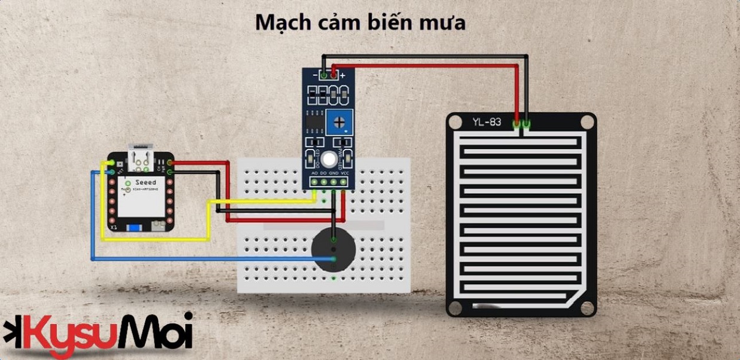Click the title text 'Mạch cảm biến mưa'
click(x=360, y=23)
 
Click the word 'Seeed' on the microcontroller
click(x=145, y=182)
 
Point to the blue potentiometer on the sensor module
click(x=340, y=123)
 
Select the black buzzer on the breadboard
click(x=334, y=248)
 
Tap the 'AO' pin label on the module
click(x=314, y=173)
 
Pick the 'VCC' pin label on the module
click(x=345, y=173)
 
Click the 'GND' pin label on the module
click(x=334, y=173)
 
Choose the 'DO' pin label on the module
click(x=324, y=173)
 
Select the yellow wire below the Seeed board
click(x=155, y=239)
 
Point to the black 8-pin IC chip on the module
click(x=313, y=120)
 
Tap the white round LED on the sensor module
click(x=329, y=160)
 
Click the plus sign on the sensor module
click(x=343, y=76)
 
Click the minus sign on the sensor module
click(x=314, y=76)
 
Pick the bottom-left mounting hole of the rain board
click(x=455, y=308)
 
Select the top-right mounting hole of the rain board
click(x=588, y=122)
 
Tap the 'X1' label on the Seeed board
click(x=113, y=228)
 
